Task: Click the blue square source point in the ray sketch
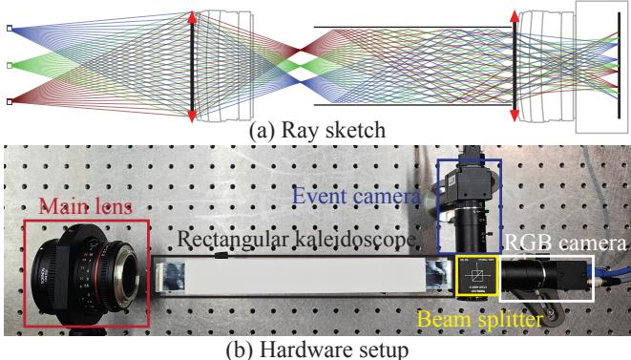coord(10,30)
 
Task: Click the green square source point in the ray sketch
coord(10,65)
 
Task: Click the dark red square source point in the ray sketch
coord(10,100)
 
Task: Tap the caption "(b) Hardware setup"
coord(315,348)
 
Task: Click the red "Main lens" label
coord(81,208)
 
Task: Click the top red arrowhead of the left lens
coord(192,17)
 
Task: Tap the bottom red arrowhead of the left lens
coord(192,115)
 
